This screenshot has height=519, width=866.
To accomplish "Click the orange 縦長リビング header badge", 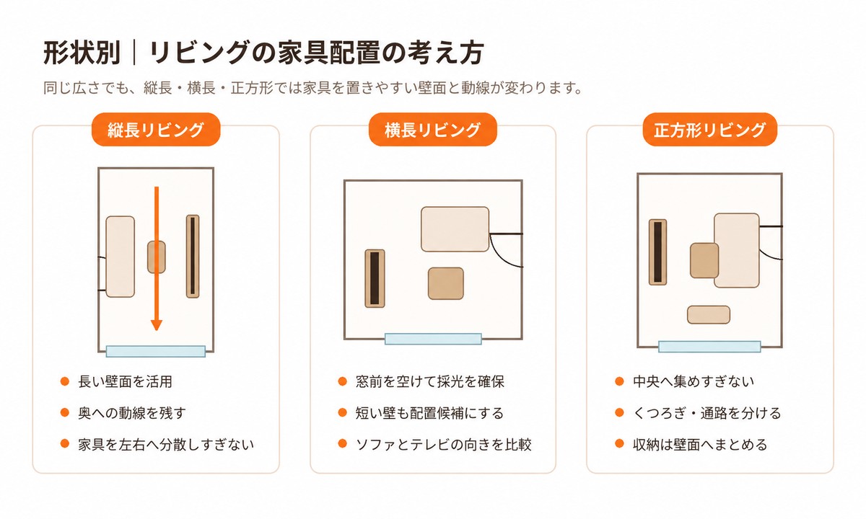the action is point(156,129).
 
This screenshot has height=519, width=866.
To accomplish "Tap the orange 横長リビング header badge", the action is point(432,129).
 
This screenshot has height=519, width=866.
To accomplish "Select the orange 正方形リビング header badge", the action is point(710,129).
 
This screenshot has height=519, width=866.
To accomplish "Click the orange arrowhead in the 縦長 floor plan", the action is point(156,325).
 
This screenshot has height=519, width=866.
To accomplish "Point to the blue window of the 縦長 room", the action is point(155,352).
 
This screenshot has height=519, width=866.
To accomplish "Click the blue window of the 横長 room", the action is point(433,339).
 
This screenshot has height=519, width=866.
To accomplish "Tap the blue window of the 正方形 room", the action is point(709,347).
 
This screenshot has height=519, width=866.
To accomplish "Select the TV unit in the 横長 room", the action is point(375,278).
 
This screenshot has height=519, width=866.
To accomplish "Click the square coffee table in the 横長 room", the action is point(446,283).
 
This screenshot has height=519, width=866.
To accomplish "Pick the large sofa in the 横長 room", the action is point(455,229).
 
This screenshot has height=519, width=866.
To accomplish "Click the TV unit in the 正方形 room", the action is point(657,252).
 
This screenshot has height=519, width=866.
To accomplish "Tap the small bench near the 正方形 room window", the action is point(709,315).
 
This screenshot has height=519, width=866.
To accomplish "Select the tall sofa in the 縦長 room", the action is point(121,257).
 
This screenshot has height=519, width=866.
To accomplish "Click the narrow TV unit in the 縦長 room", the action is point(193,257).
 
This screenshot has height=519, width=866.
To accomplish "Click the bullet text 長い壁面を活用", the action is point(126,381).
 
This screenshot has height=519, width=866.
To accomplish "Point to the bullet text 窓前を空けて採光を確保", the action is point(430,381).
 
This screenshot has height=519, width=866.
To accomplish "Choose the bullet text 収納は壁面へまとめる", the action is point(700,445).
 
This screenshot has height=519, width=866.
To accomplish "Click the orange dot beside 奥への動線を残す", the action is point(64,413).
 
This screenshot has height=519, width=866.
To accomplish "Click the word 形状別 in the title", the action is point(82,53).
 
